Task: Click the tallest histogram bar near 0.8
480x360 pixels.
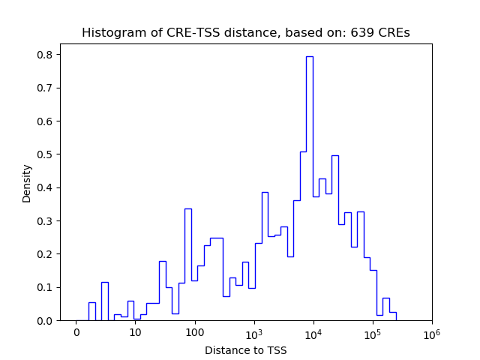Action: coord(309,187)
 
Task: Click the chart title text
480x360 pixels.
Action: coord(246,33)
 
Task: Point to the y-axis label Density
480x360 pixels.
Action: coord(27,183)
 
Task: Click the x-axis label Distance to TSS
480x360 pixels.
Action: coord(246,349)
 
